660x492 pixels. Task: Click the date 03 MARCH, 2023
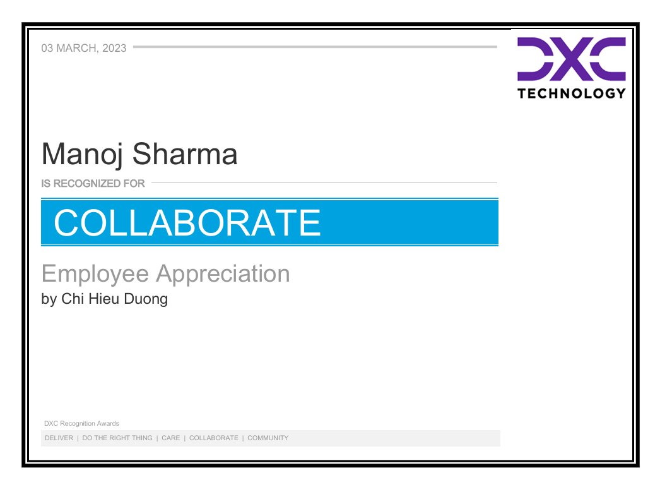[x=84, y=48]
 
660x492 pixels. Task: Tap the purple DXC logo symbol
[x=572, y=59]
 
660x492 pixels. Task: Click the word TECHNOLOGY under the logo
[x=572, y=93]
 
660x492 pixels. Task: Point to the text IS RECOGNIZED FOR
[x=93, y=184]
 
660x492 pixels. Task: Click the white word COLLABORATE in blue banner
[x=187, y=222]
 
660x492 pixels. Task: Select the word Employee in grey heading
[x=95, y=274]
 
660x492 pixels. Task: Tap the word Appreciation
[x=223, y=274]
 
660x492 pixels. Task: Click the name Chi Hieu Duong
[x=114, y=299]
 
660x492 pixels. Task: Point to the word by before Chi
[x=49, y=299]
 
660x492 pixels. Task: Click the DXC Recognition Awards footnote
[x=81, y=424]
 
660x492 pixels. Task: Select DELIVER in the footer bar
[x=59, y=438]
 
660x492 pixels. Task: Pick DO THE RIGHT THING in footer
[x=117, y=438]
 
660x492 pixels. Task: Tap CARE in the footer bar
[x=170, y=438]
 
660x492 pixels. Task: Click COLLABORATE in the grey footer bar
[x=214, y=438]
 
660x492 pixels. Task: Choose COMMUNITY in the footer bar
[x=268, y=438]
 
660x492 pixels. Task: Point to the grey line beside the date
[x=315, y=47]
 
